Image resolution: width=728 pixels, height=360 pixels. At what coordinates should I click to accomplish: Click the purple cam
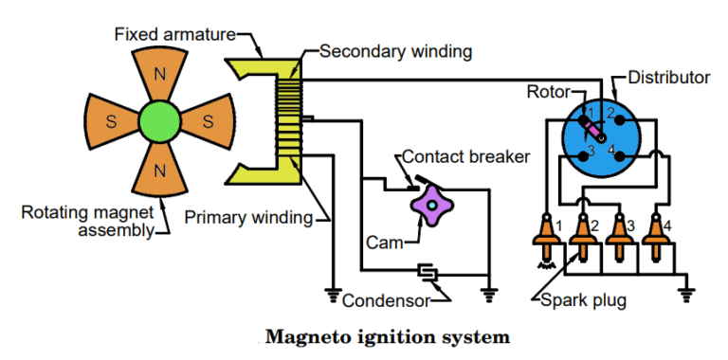[431, 205]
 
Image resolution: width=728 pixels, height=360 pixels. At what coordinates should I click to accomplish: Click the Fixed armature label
[173, 34]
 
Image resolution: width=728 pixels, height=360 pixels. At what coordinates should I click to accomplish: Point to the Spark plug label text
[582, 301]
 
